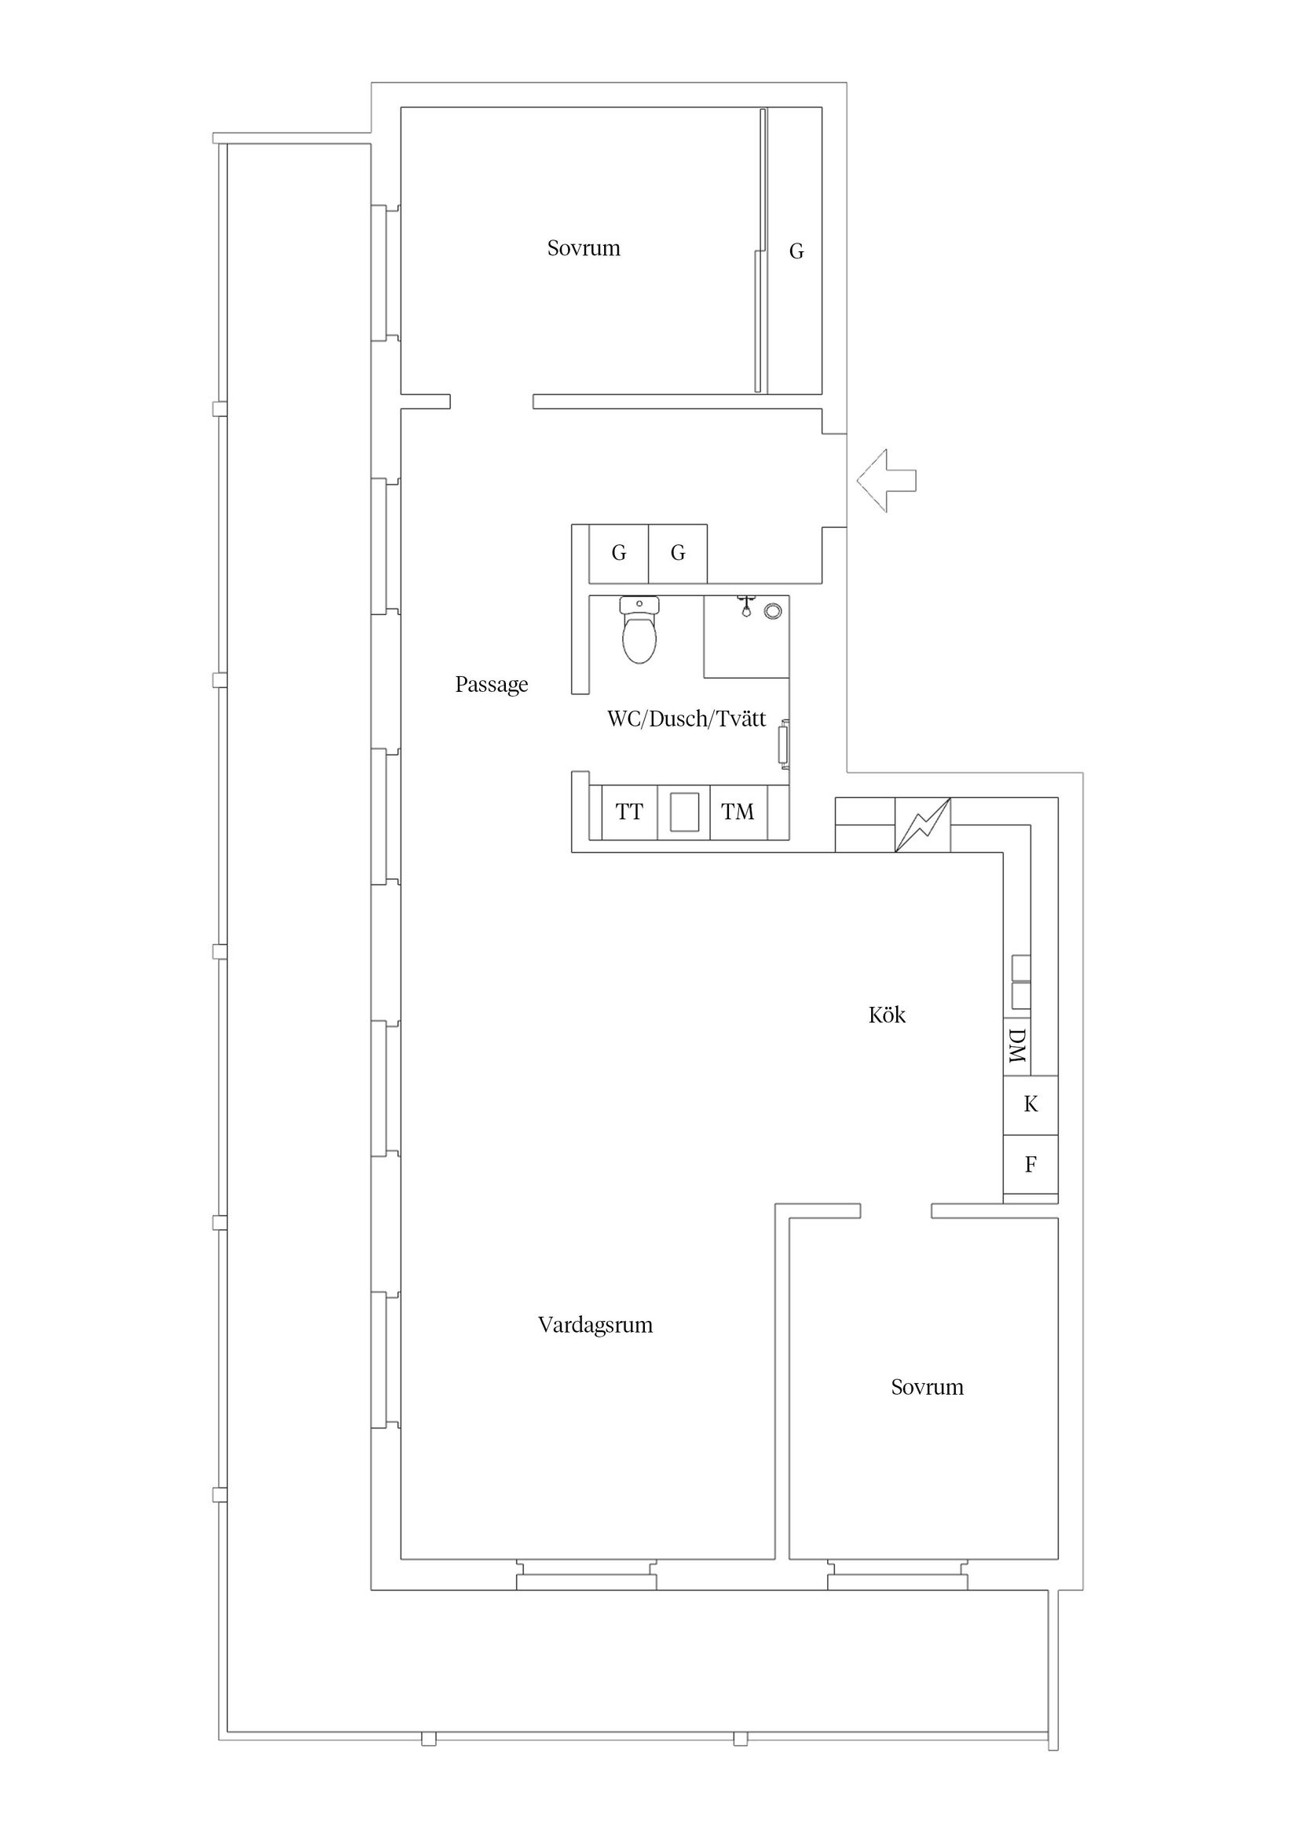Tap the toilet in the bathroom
pos(639,631)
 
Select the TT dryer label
pos(629,813)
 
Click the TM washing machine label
pos(737,813)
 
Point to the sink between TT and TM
pos(683,812)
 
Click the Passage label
pos(491,685)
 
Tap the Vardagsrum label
pos(595,1325)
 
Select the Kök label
pos(886,1015)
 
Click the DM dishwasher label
pos(1016,1046)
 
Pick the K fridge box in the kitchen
pos(1030,1105)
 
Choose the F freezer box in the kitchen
pos(1030,1165)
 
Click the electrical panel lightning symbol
pos(922,825)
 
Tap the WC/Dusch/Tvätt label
pos(686,719)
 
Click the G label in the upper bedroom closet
pos(796,251)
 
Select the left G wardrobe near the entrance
pos(618,553)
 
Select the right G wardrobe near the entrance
pos(677,553)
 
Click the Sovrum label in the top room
pos(583,248)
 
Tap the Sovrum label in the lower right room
pos(927,1388)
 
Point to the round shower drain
pos(772,612)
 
